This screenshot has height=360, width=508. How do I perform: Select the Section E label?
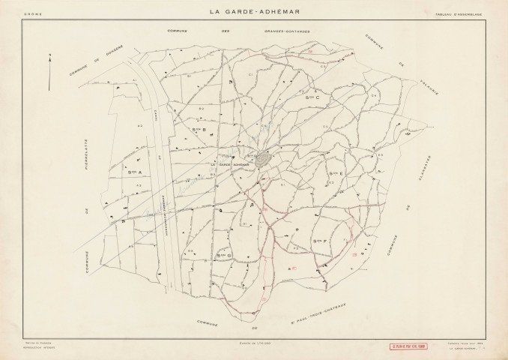pos(336,173)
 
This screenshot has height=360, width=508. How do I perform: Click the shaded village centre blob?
pos(263,159)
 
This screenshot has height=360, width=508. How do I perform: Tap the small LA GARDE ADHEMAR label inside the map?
pos(229,165)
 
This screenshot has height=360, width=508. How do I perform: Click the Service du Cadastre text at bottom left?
pos(37,342)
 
